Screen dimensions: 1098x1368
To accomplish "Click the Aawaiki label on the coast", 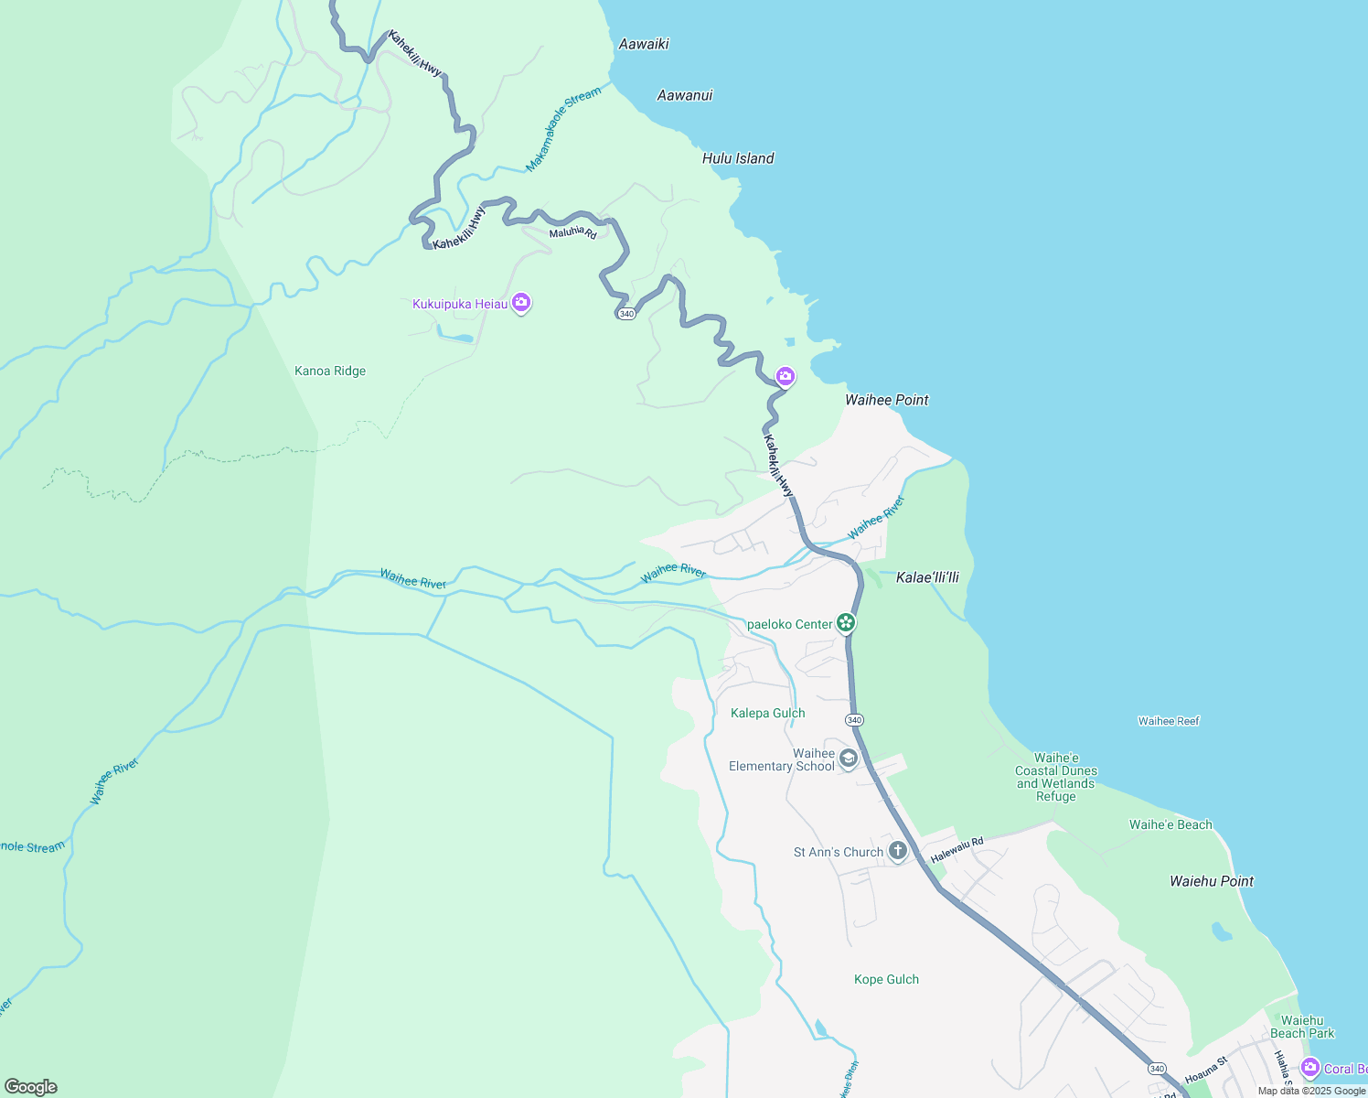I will click(644, 44).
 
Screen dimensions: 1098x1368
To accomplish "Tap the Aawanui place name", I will click(685, 95).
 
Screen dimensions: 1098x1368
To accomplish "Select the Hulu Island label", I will click(738, 158).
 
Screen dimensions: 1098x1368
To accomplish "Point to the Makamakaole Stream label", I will click(563, 130).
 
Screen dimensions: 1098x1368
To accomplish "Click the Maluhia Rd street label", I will click(572, 233).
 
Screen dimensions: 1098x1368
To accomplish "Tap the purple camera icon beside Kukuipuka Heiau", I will click(521, 302).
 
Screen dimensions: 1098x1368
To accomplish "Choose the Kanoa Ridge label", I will click(330, 371).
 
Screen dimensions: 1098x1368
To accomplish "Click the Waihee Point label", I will click(886, 400).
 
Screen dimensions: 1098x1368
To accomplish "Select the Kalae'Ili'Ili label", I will click(927, 577).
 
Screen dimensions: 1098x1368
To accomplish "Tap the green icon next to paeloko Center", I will click(847, 624).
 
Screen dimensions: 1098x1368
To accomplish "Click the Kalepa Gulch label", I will click(768, 713).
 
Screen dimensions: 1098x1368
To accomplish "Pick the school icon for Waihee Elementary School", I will click(849, 759).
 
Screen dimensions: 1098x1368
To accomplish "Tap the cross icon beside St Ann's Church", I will click(898, 851).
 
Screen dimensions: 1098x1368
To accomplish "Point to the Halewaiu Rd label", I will click(957, 850).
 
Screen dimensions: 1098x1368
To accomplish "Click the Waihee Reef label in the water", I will click(1169, 721).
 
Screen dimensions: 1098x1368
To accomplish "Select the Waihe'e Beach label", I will click(1170, 824).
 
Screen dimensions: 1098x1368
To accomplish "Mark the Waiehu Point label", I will click(1212, 881).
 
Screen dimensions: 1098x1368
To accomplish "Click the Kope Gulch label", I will click(886, 979).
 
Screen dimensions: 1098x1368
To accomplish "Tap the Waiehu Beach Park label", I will click(1302, 1027).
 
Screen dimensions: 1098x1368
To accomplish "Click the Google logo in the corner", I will click(31, 1087).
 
